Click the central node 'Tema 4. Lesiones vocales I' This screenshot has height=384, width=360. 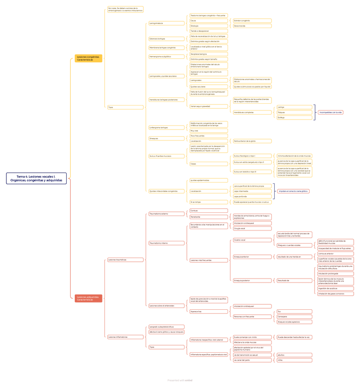point(36,178)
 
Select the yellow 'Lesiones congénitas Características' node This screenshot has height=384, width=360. point(88,58)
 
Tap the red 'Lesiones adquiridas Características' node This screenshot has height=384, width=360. point(88,298)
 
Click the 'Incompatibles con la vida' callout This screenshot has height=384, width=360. point(330,112)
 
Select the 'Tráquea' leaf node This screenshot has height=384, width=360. point(294,112)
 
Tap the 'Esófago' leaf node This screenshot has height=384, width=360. point(294,117)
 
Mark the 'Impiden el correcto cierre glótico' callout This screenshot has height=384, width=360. point(293,191)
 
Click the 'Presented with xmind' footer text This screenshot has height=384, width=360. point(180,380)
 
